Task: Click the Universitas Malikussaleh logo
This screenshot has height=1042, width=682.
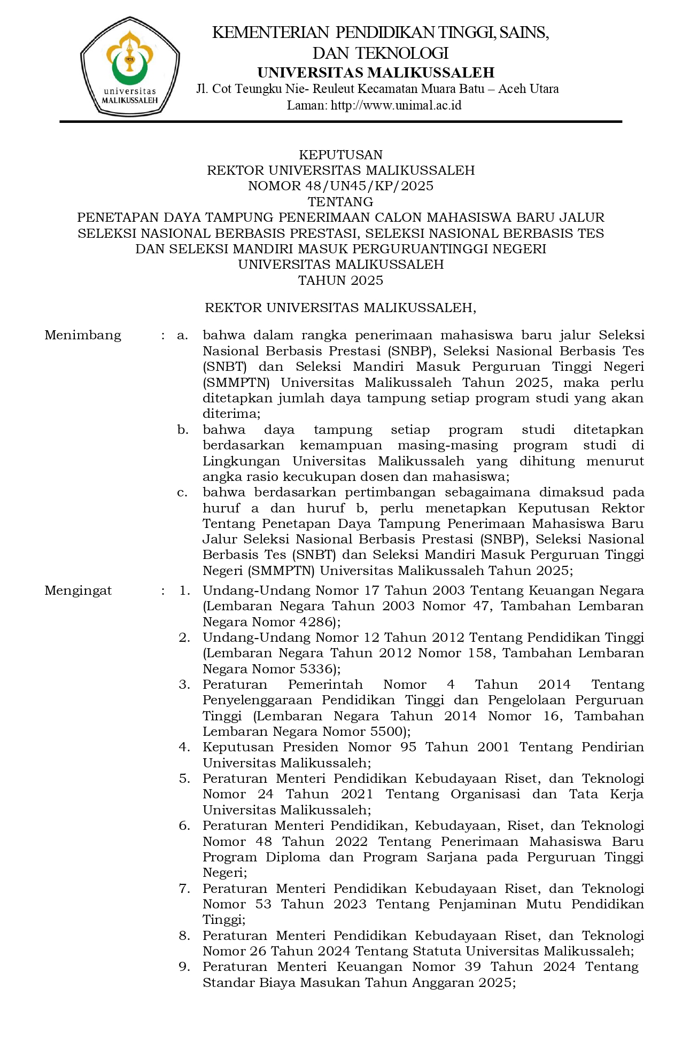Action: (130, 73)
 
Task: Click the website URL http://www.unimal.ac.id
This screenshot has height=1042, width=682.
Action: (396, 105)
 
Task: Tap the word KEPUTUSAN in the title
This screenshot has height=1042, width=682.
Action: (340, 155)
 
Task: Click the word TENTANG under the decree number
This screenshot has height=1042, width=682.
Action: (340, 202)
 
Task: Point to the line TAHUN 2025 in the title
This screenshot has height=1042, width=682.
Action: (340, 281)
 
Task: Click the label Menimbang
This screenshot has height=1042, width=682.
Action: (83, 336)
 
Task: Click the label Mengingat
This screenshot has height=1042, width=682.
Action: (78, 590)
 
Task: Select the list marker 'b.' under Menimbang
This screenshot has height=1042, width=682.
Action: (183, 430)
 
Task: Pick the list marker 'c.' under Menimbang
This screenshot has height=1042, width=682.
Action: (183, 492)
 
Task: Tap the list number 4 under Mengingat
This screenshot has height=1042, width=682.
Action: (184, 747)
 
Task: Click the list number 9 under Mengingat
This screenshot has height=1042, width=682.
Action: (184, 967)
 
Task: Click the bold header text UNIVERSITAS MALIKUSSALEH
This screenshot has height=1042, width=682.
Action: (376, 73)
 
